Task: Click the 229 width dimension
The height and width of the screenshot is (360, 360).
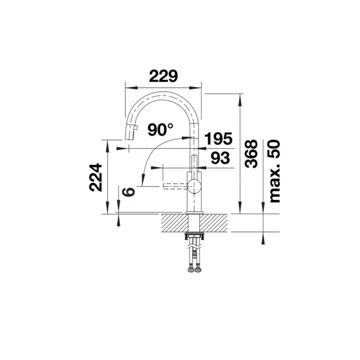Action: coord(163,76)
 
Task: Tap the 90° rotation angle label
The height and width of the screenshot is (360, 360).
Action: coord(160,130)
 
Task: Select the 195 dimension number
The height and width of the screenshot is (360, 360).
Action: coord(218,139)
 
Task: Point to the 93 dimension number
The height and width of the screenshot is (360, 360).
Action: coord(220,158)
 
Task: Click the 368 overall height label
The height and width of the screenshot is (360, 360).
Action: coord(251,154)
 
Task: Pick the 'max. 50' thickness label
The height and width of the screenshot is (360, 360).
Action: coord(274,172)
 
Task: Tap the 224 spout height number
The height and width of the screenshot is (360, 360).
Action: coord(95,177)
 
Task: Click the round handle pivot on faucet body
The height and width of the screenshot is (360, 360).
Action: coord(194,186)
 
